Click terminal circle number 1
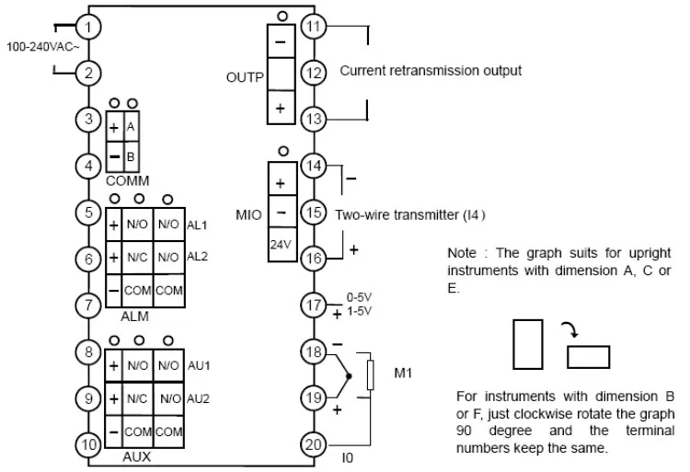pyautogui.click(x=88, y=28)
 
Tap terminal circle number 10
pyautogui.click(x=88, y=444)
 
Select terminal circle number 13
pyautogui.click(x=314, y=119)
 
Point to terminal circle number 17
pyautogui.click(x=314, y=305)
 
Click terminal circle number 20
pyautogui.click(x=314, y=444)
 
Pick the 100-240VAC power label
pyautogui.click(x=42, y=47)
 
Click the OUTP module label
pyautogui.click(x=245, y=77)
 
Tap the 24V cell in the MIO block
pyautogui.click(x=282, y=244)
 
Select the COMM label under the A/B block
pyautogui.click(x=128, y=180)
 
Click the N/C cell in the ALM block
pyautogui.click(x=137, y=257)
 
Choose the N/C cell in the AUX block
pyautogui.click(x=137, y=398)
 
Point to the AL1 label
pyautogui.click(x=197, y=225)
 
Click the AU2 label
pyautogui.click(x=198, y=399)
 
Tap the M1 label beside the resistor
pyautogui.click(x=403, y=373)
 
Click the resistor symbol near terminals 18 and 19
pyautogui.click(x=371, y=375)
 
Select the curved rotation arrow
pyautogui.click(x=570, y=328)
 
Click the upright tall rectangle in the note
pyautogui.click(x=528, y=344)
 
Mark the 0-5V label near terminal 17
pyautogui.click(x=359, y=297)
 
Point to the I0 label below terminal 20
pyautogui.click(x=348, y=458)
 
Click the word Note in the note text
pyautogui.click(x=462, y=253)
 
